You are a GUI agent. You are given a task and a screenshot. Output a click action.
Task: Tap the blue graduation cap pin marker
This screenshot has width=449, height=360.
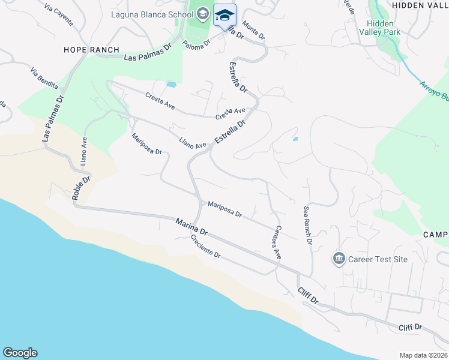point(224,15)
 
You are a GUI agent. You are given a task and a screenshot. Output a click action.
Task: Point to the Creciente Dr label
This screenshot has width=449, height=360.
point(206,246)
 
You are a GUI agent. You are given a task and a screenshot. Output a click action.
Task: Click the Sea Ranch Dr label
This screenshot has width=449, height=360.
point(308,226)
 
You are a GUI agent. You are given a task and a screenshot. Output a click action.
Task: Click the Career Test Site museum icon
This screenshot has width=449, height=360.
point(339,259)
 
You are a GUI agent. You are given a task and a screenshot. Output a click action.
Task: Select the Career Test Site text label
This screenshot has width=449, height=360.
point(378,259)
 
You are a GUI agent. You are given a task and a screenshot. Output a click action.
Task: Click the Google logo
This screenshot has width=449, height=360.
point(20,353)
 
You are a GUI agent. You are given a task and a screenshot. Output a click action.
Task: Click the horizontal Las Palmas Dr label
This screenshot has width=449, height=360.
point(148,56)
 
